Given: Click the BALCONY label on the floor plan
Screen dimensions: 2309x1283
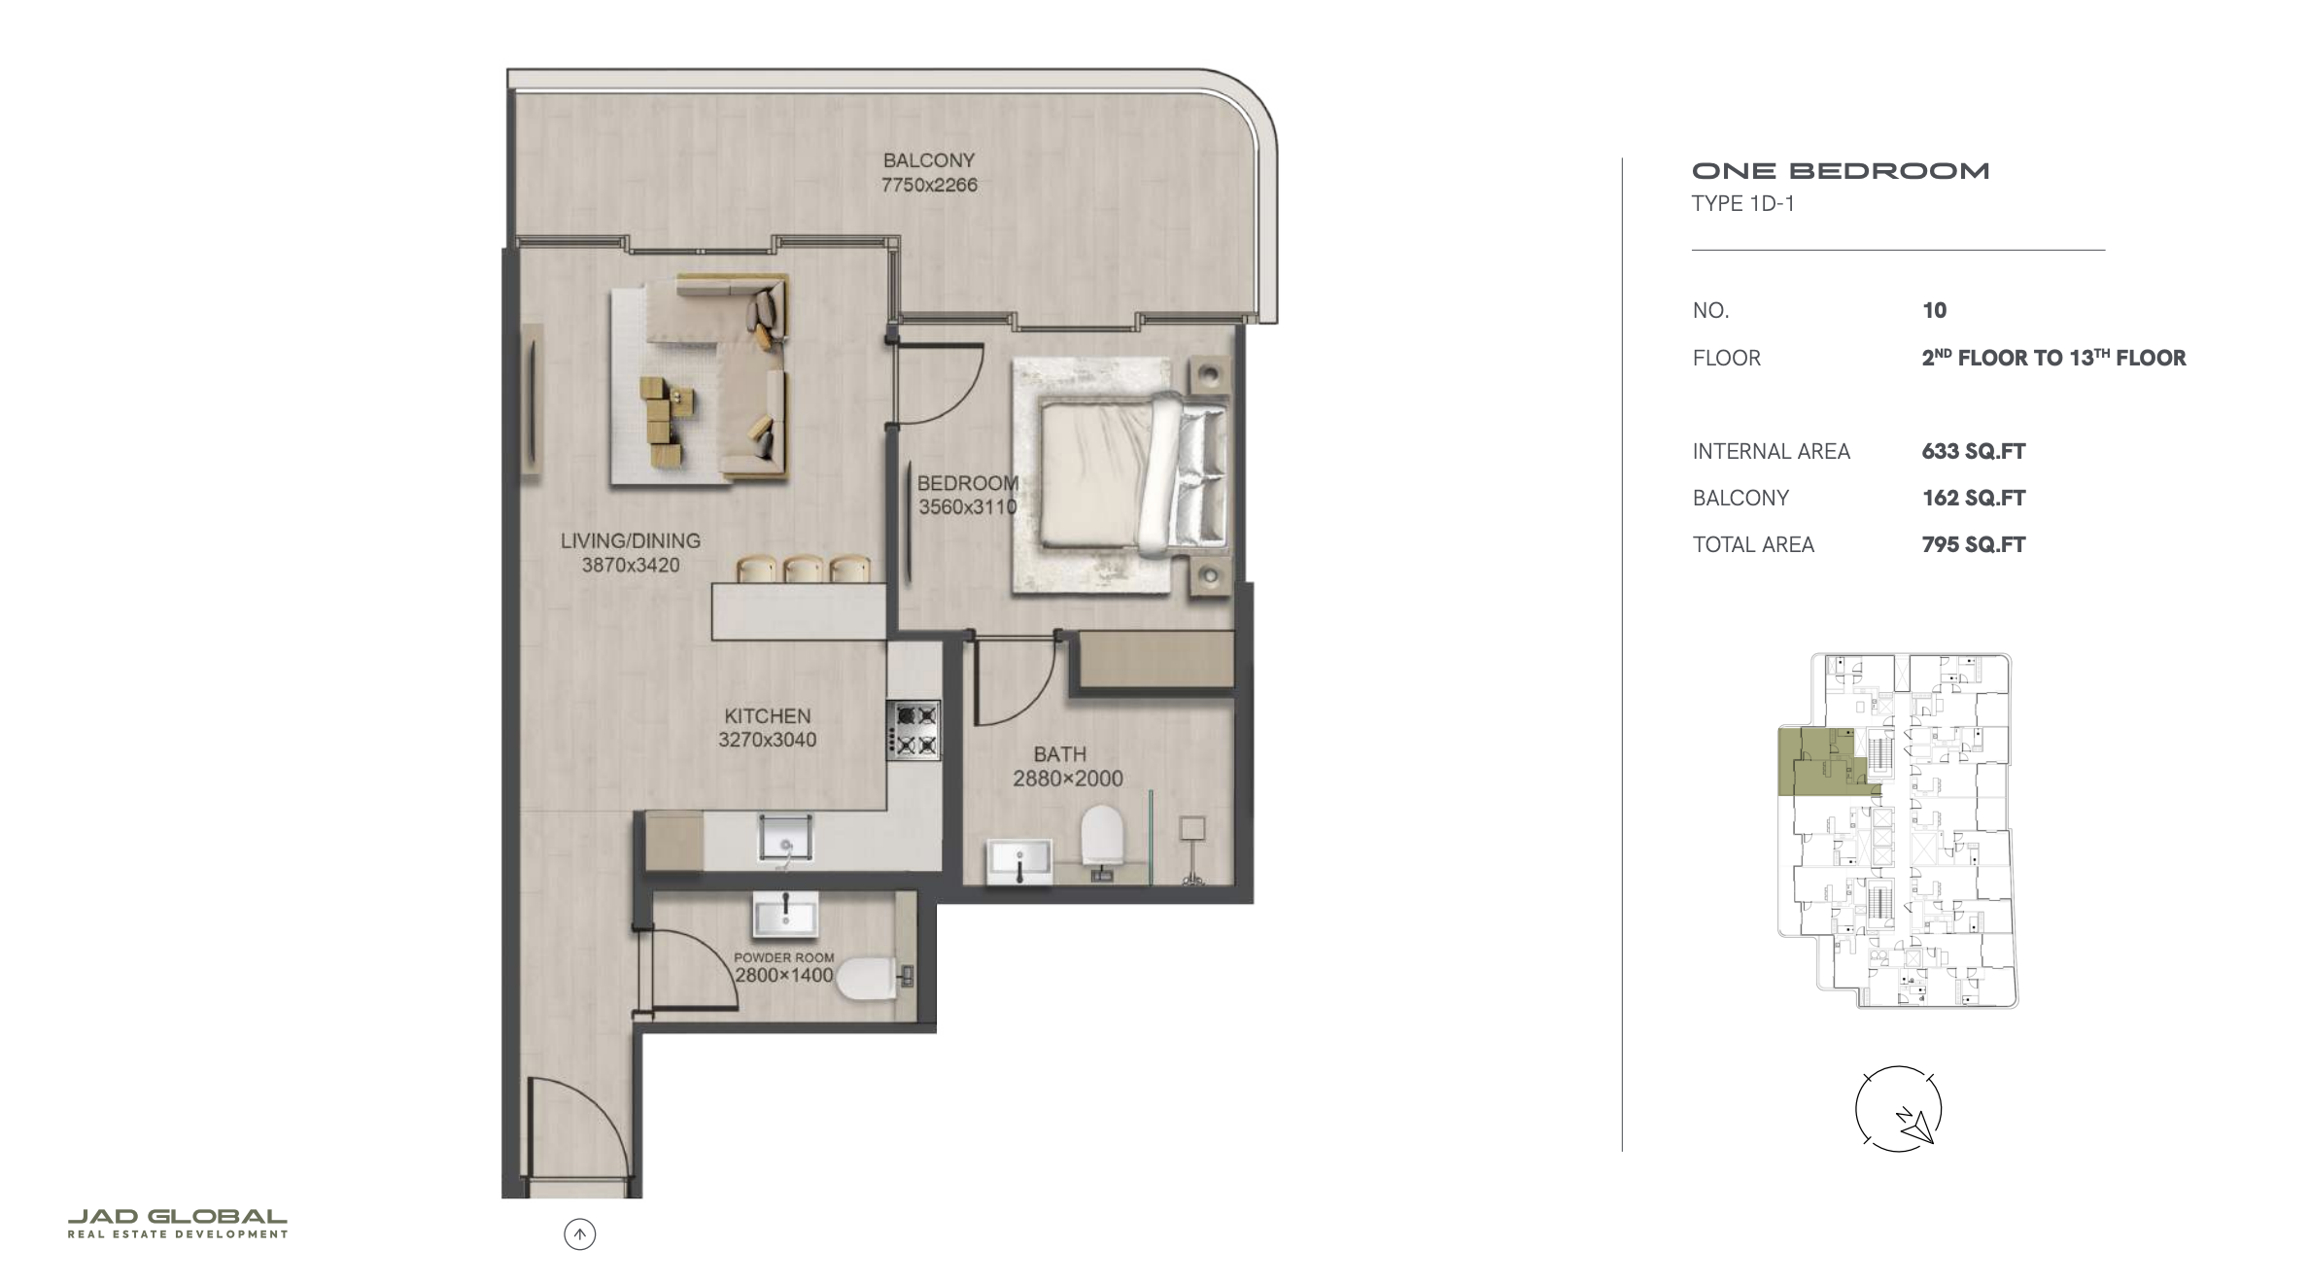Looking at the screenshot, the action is [928, 160].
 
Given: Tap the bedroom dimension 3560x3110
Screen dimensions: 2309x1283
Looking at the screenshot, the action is [968, 506].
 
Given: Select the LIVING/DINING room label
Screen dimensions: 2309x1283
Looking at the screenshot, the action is [630, 540].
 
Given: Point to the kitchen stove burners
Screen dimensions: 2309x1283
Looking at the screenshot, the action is [913, 730].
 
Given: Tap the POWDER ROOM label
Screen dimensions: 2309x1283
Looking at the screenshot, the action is [783, 957].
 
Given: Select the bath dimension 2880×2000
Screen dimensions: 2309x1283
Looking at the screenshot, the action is [1067, 779].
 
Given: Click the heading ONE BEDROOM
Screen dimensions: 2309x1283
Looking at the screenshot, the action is [1841, 171].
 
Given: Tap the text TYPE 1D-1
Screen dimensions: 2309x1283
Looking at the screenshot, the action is [1743, 203].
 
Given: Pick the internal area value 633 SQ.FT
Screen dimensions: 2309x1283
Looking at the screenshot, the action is [1974, 451].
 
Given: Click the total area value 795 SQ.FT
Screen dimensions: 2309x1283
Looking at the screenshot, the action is [1974, 544].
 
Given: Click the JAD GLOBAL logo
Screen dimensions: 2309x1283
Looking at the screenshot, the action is [178, 1223].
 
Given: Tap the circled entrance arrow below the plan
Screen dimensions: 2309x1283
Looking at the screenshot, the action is [580, 1234].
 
